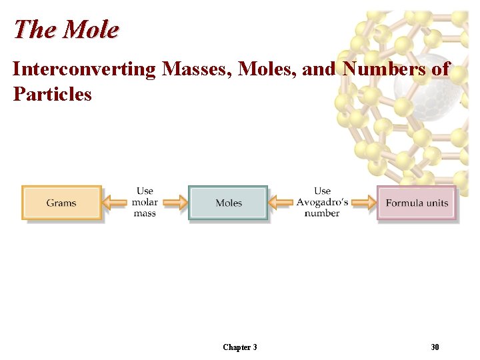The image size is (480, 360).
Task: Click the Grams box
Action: pyautogui.click(x=61, y=203)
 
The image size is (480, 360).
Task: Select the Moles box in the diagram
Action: pyautogui.click(x=228, y=203)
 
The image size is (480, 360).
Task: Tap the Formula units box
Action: pyautogui.click(x=417, y=203)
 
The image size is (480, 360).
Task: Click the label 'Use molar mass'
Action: pyautogui.click(x=145, y=202)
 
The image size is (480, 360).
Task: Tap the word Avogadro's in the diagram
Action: pyautogui.click(x=322, y=203)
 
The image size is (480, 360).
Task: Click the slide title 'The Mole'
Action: pyautogui.click(x=65, y=29)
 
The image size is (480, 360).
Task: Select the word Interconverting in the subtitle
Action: pyautogui.click(x=83, y=69)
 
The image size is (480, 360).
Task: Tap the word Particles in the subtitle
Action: pyautogui.click(x=52, y=94)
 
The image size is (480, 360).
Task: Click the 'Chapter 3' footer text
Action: pyautogui.click(x=239, y=347)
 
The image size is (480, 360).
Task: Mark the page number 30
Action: pyautogui.click(x=435, y=347)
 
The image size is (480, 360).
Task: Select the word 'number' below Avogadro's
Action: pyautogui.click(x=322, y=213)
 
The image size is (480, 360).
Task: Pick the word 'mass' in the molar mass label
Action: pyautogui.click(x=145, y=213)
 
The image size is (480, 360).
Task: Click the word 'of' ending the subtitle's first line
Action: pyautogui.click(x=441, y=69)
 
